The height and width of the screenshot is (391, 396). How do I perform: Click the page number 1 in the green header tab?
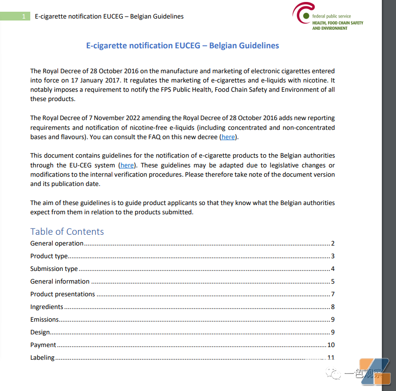tap(24, 17)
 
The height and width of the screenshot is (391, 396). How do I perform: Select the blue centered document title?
tap(183, 46)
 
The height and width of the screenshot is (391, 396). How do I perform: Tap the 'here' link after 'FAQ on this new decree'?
tap(228, 137)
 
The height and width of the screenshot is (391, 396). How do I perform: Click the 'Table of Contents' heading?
tap(67, 231)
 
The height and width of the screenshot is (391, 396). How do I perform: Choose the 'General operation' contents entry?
tap(57, 243)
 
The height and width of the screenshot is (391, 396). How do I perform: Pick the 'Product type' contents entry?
tap(49, 256)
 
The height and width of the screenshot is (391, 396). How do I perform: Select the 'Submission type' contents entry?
tap(54, 268)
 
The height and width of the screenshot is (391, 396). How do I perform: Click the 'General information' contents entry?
tap(60, 281)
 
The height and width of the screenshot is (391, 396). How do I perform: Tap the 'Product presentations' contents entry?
tap(63, 294)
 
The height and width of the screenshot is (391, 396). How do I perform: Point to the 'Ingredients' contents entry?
tap(46, 307)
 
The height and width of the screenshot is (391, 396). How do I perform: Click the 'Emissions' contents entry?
tap(44, 319)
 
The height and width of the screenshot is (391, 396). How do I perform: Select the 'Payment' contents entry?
tap(43, 345)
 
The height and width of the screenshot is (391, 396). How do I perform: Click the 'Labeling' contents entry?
tap(42, 357)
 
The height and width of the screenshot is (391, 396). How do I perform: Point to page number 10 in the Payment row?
tap(331, 345)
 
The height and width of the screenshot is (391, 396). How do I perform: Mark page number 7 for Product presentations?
tap(333, 294)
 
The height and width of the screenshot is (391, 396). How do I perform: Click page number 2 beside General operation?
tap(333, 243)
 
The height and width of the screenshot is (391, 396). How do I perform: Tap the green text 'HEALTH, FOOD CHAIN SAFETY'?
tap(338, 22)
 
